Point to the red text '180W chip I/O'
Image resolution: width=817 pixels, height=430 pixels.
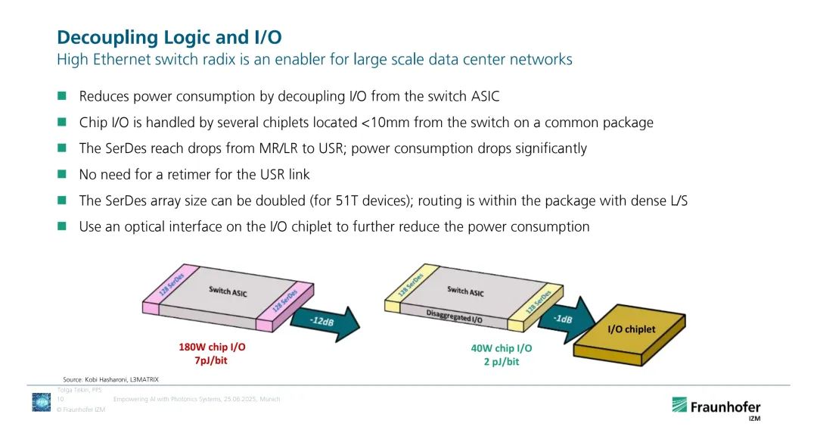click(x=212, y=347)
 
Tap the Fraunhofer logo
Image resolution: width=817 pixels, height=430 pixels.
click(x=715, y=407)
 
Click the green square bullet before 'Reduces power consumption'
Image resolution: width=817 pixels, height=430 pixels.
click(x=62, y=96)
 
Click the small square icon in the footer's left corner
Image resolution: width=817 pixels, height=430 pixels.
click(x=41, y=402)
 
